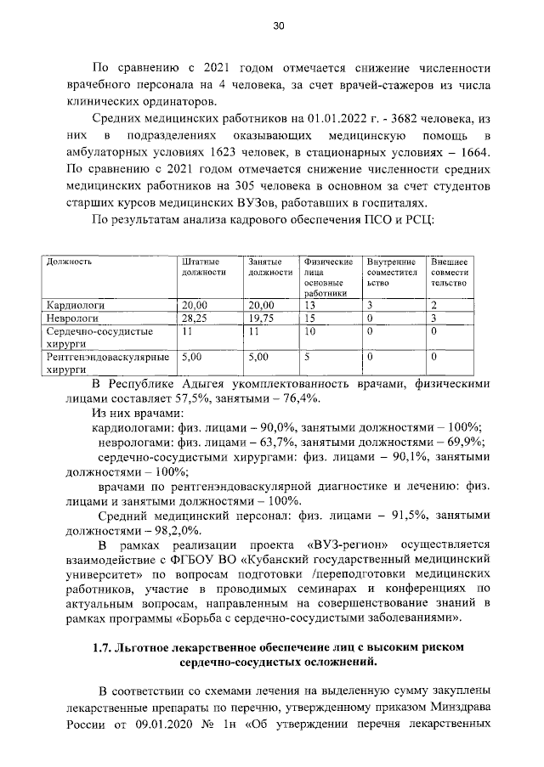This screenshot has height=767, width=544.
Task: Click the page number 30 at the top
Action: (x=278, y=26)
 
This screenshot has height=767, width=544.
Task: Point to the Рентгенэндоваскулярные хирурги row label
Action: (x=109, y=364)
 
